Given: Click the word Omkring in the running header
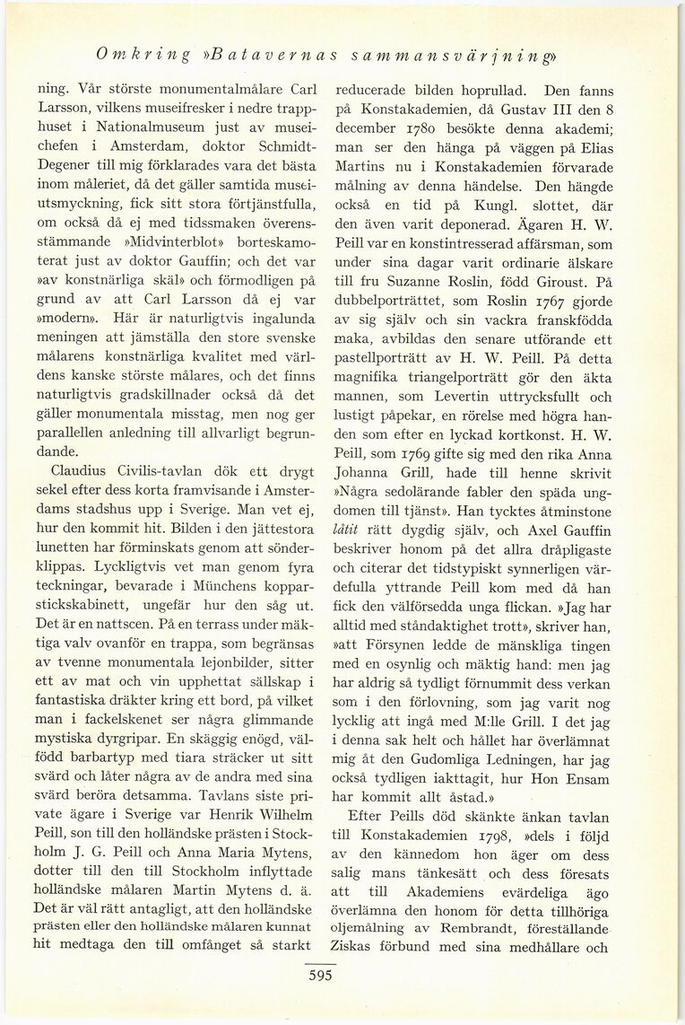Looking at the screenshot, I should click(x=144, y=55).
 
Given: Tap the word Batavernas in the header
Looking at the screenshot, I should click(x=270, y=55).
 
